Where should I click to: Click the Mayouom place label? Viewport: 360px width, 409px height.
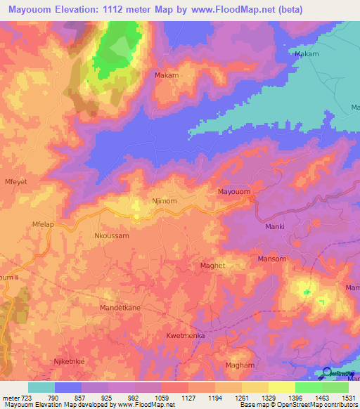234,191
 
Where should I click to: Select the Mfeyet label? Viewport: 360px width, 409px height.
16,181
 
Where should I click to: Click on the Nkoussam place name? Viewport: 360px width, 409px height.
112,237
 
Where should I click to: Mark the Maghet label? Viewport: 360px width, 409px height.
213,265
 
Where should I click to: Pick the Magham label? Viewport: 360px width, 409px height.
239,366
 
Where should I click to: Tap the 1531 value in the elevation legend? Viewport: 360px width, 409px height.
348,398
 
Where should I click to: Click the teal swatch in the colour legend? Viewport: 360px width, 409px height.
41,387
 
